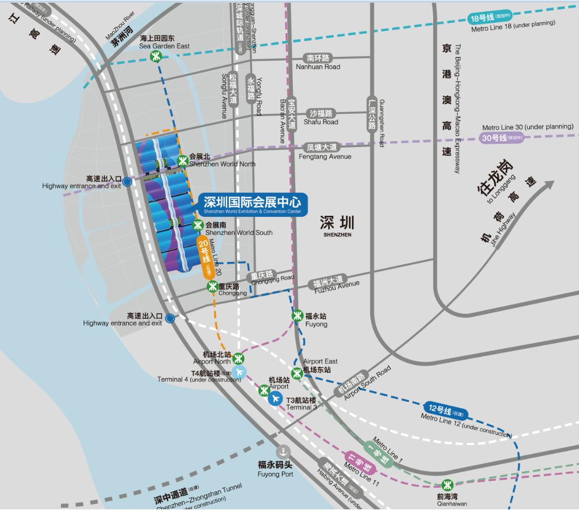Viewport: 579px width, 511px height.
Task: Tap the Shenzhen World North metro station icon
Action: (x=182, y=160)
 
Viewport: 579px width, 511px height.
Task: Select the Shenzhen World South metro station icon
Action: (x=198, y=225)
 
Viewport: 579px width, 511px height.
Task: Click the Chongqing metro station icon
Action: (x=212, y=287)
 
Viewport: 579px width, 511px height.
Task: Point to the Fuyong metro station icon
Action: (x=297, y=315)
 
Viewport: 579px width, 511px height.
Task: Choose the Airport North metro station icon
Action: (x=238, y=358)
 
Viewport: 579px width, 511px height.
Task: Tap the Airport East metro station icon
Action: (x=297, y=373)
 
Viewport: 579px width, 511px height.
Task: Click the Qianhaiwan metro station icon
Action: (x=447, y=484)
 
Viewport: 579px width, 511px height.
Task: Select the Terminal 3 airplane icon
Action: (x=275, y=399)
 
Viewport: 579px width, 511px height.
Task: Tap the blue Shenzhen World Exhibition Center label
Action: (x=252, y=204)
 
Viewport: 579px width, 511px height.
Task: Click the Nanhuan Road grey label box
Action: (x=318, y=58)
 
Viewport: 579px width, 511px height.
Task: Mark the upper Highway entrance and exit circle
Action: (x=127, y=182)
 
